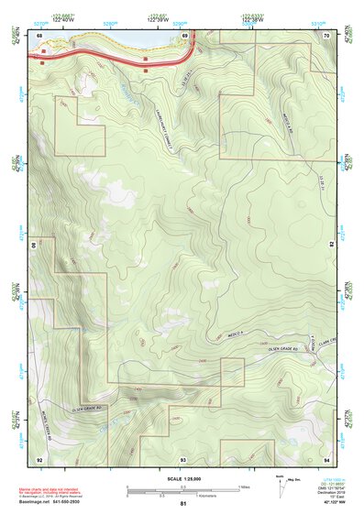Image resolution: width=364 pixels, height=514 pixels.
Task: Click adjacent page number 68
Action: pos(39,35)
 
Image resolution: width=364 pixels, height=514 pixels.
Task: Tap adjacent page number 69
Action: pos(184,35)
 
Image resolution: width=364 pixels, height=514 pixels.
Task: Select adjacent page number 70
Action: pos(326,35)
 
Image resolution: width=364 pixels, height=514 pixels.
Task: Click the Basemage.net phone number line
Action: pos(52,501)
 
